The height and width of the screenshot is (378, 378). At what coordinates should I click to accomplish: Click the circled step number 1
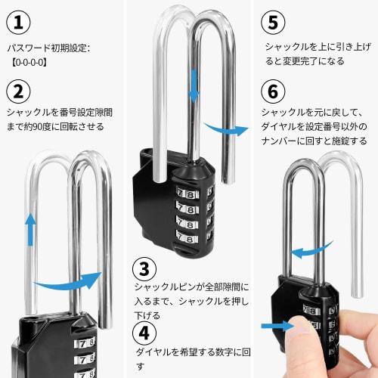click(x=17, y=22)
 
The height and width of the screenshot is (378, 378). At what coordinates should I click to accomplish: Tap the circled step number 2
click(x=17, y=91)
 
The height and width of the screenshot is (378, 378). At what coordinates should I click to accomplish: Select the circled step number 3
click(x=144, y=268)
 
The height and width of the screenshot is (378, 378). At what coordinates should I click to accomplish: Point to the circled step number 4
click(x=144, y=332)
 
